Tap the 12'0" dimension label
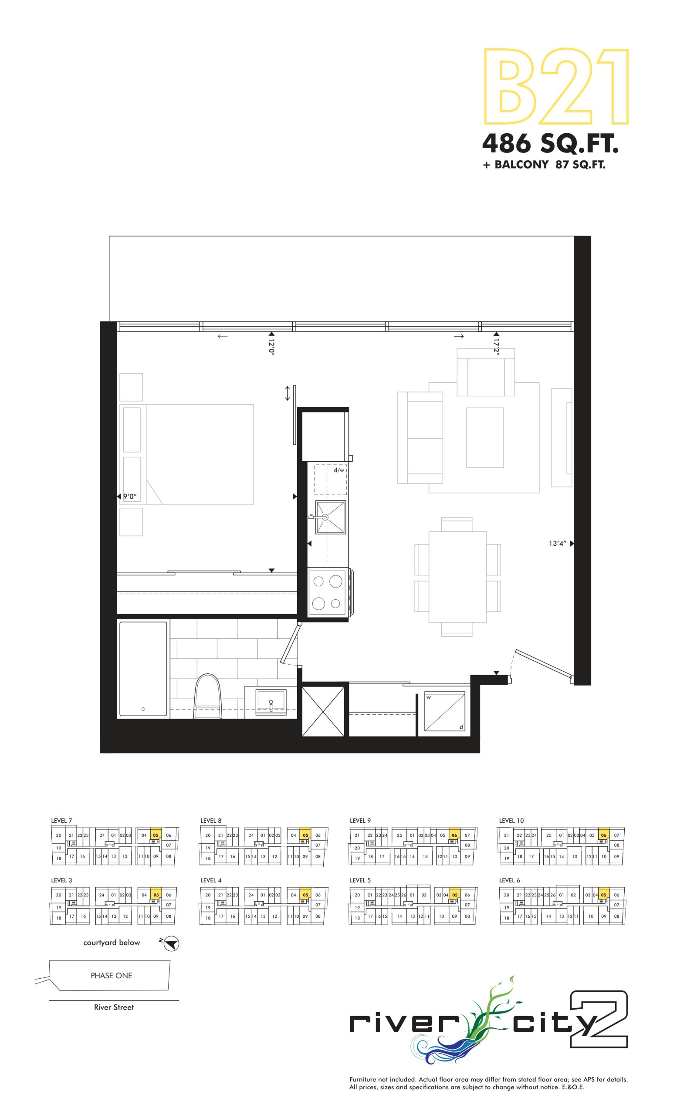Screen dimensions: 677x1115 (271, 347)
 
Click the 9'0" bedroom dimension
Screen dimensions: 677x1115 (130, 497)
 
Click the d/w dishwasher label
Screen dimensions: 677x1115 (339, 470)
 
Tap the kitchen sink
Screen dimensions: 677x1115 (330, 517)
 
